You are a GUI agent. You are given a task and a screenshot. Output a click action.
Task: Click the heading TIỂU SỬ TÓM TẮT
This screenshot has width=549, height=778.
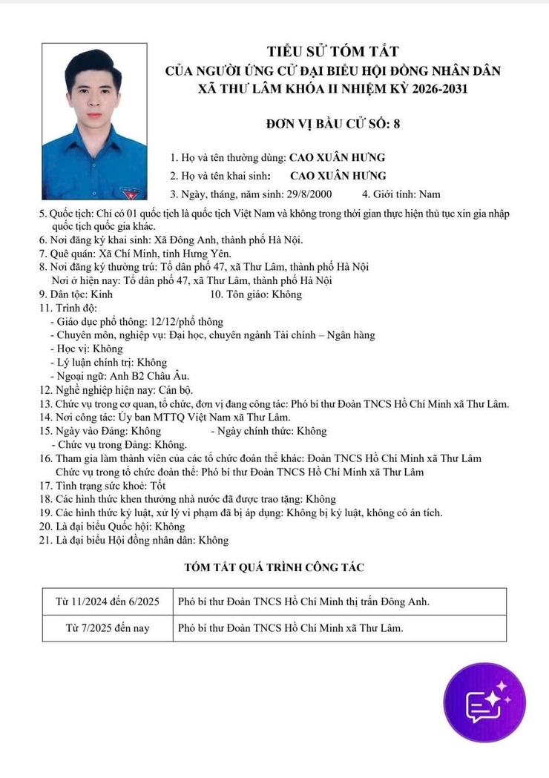coord(333,52)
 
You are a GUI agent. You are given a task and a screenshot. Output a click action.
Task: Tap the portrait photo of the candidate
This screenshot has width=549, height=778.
coord(94,121)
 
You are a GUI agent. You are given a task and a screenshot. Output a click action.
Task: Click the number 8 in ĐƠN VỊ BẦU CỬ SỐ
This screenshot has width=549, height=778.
coord(396,124)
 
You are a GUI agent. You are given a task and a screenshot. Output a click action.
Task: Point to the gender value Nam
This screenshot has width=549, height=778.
coord(430,195)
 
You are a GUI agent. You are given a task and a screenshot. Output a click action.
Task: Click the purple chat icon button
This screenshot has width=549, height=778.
coord(484,702)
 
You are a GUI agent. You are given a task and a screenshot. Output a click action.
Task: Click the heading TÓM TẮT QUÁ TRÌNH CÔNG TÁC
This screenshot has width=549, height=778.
coord(274,568)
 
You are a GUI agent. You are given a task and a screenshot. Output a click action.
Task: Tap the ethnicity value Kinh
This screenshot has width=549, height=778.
coord(100,294)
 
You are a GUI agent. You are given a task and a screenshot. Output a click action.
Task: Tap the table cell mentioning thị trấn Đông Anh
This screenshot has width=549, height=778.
coord(303,601)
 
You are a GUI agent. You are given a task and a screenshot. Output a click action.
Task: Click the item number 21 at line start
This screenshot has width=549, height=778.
coord(45,541)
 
